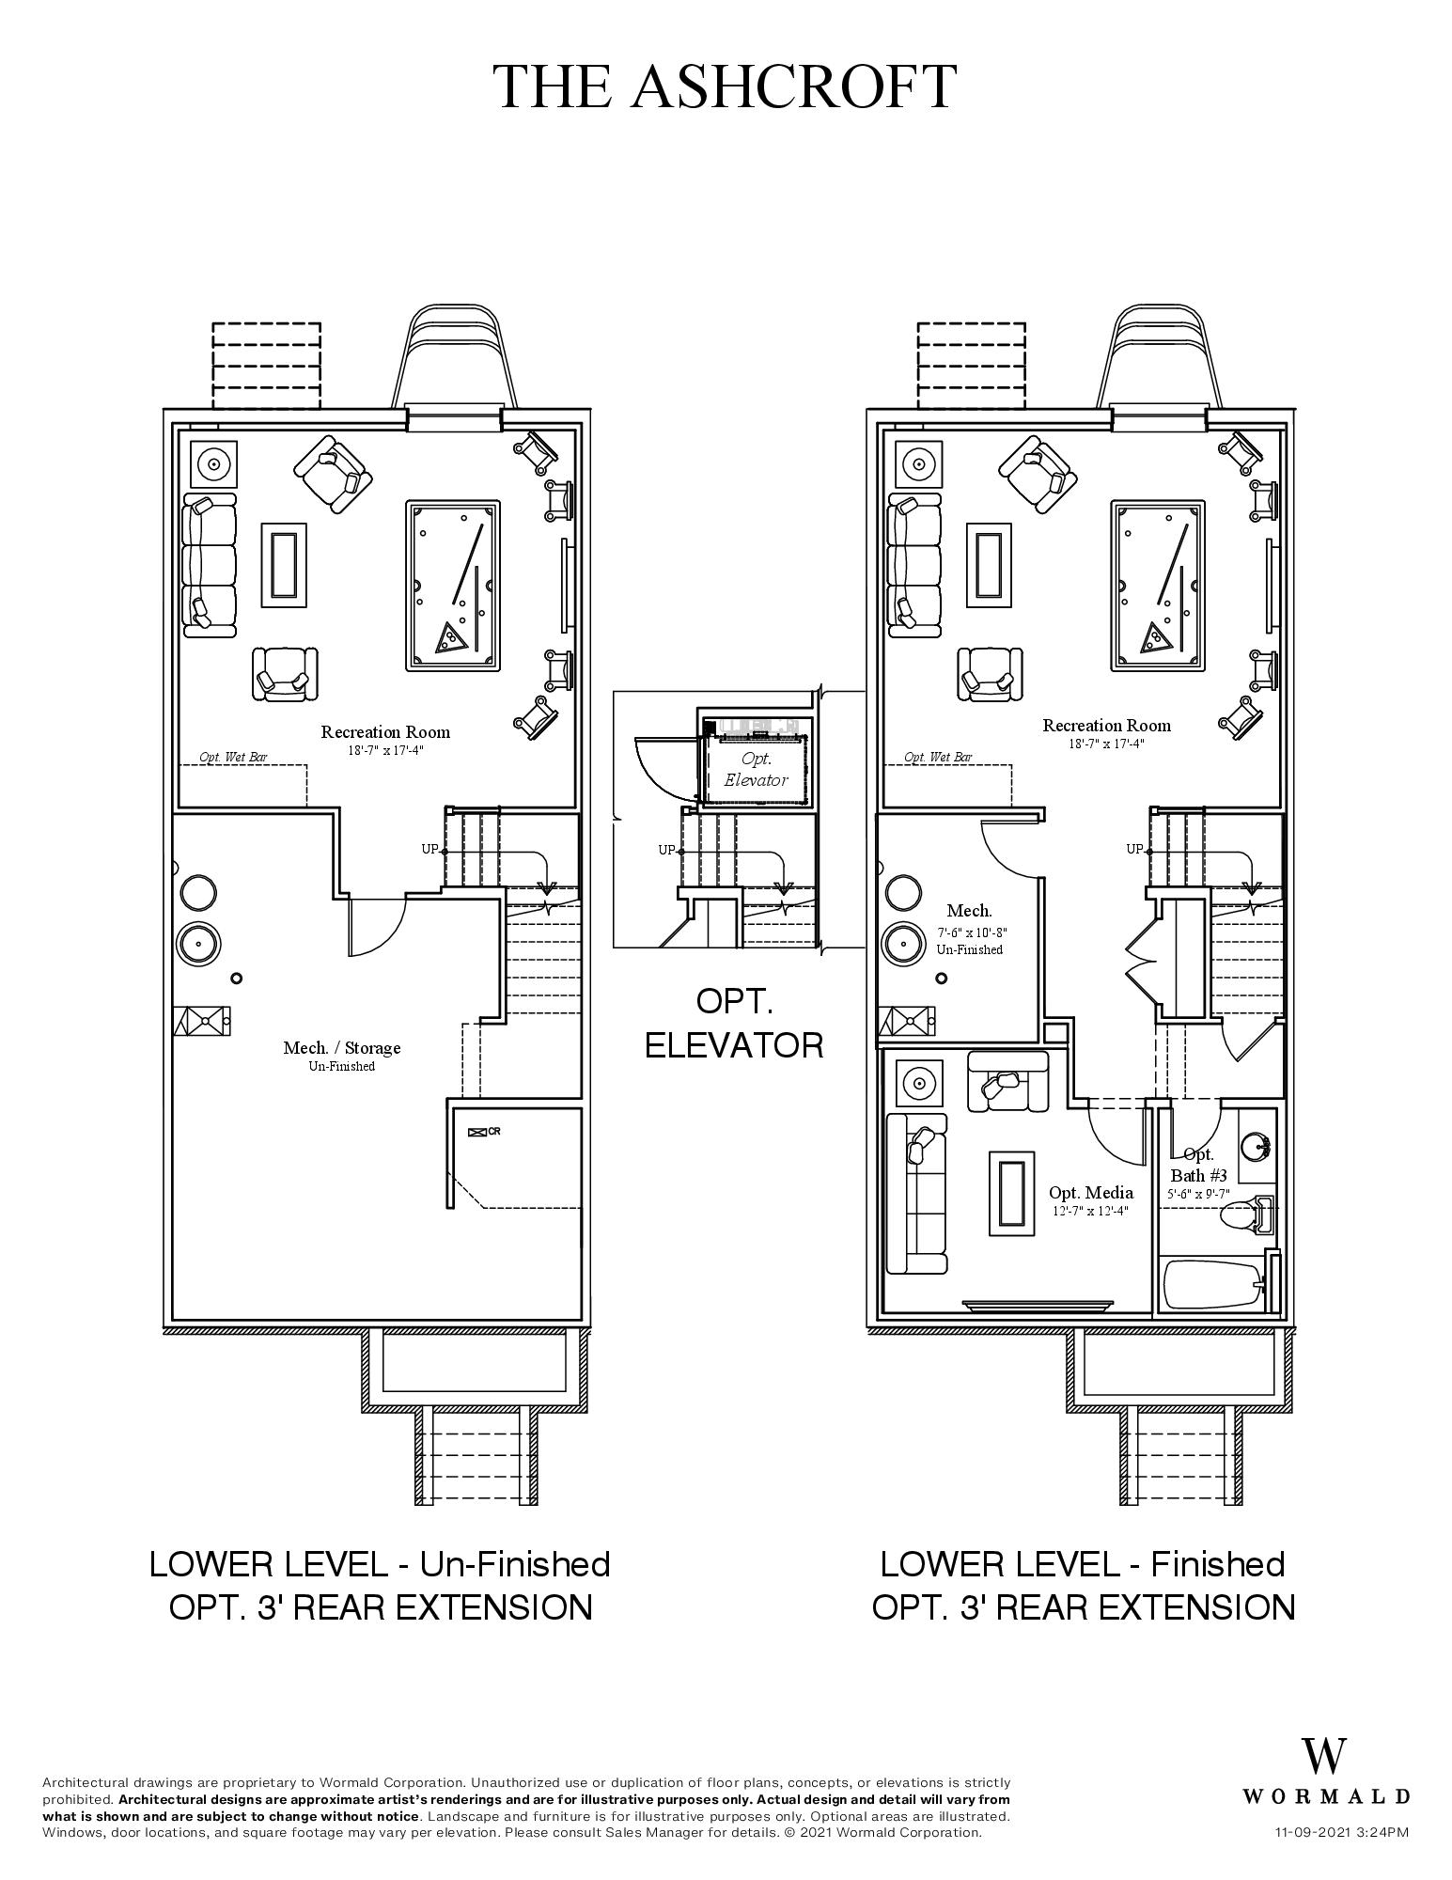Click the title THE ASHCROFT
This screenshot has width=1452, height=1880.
click(726, 86)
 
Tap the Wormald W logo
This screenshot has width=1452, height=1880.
click(1323, 1756)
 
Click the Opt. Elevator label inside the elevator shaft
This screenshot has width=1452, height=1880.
click(756, 769)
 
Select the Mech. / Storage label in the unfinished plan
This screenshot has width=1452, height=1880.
click(341, 1047)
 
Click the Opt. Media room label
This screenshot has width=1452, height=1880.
click(1090, 1192)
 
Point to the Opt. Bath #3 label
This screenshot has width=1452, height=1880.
click(1198, 1165)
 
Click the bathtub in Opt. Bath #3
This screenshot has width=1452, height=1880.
click(1212, 1284)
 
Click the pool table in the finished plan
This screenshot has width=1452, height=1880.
click(1158, 585)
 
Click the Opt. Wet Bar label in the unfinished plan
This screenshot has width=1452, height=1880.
click(232, 757)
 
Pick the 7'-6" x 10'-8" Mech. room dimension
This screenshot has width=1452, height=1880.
click(972, 932)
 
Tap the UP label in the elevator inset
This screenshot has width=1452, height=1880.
click(665, 850)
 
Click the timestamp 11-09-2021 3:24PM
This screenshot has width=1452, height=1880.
click(1341, 1832)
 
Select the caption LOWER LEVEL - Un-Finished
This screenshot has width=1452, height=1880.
click(380, 1564)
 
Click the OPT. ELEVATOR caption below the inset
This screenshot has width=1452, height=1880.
click(734, 1023)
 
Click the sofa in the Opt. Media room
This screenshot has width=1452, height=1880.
click(916, 1192)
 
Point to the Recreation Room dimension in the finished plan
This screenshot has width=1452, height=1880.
click(1106, 744)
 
